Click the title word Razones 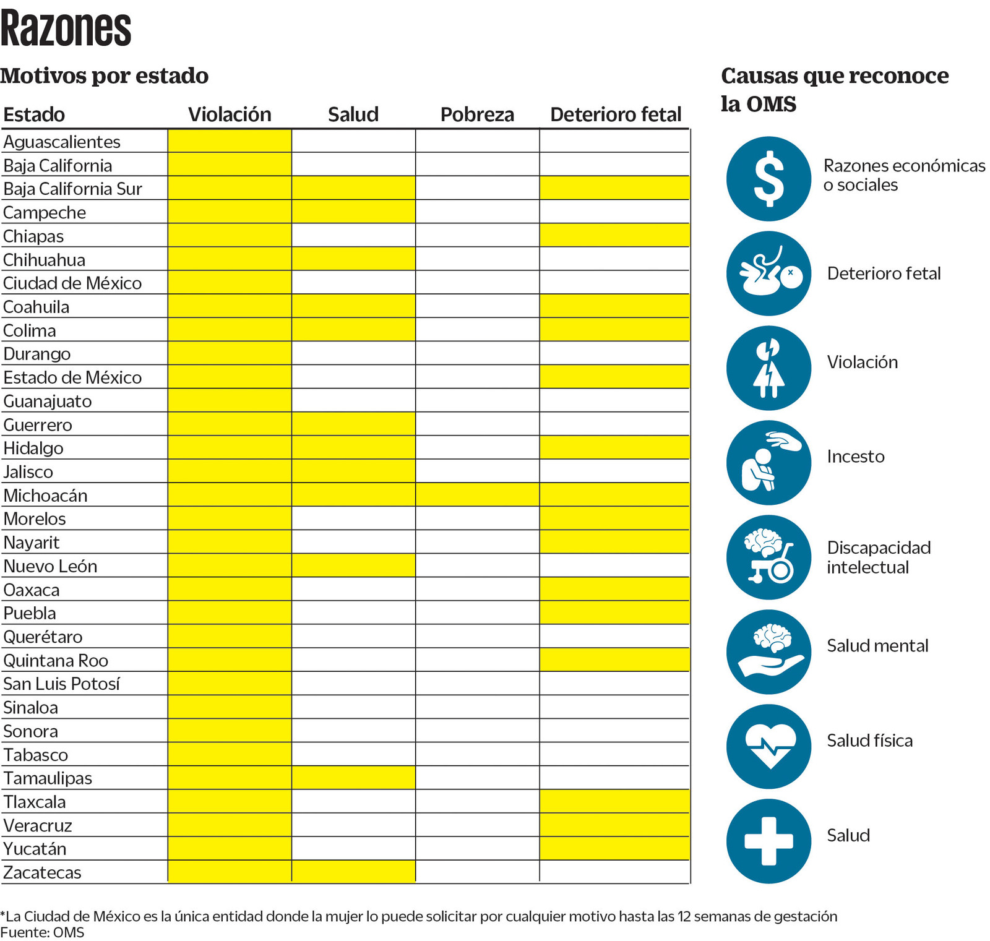66,28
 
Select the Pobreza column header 477,114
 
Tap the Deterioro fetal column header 615,114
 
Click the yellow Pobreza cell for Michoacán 477,495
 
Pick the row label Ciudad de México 72,283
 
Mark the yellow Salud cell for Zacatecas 353,872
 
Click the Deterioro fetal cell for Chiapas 614,236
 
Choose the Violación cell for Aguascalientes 230,141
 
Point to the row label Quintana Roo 56,661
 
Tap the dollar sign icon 768,179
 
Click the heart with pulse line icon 768,746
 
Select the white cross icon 768,841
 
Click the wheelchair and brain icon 768,557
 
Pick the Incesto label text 856,457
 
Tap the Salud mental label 877,646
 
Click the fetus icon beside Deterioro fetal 768,273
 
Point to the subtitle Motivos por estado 105,75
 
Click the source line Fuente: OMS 42,932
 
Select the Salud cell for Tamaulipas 353,778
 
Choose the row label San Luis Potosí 61,684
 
